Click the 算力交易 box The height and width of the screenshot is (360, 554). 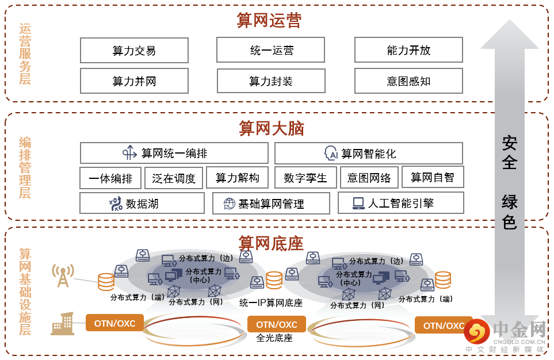click(x=134, y=51)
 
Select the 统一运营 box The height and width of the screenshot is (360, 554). click(x=271, y=51)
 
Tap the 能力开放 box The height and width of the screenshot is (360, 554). click(x=408, y=51)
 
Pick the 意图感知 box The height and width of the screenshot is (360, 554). click(x=408, y=81)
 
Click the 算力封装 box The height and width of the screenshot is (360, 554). click(x=271, y=81)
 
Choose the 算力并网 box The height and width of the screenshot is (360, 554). click(x=134, y=81)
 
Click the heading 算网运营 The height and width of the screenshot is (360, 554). click(x=269, y=21)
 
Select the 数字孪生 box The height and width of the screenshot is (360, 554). click(x=305, y=178)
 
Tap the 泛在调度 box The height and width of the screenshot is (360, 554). click(x=174, y=178)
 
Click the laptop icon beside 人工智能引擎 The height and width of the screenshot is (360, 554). click(x=358, y=202)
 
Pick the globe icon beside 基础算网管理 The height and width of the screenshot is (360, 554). click(x=230, y=203)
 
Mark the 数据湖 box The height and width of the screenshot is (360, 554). click(x=142, y=203)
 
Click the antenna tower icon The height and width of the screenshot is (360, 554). click(x=63, y=275)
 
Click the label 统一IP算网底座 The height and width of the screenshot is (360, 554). click(x=270, y=302)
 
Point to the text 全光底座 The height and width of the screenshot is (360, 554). click(x=274, y=338)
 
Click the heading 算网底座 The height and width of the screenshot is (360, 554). click(x=271, y=243)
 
